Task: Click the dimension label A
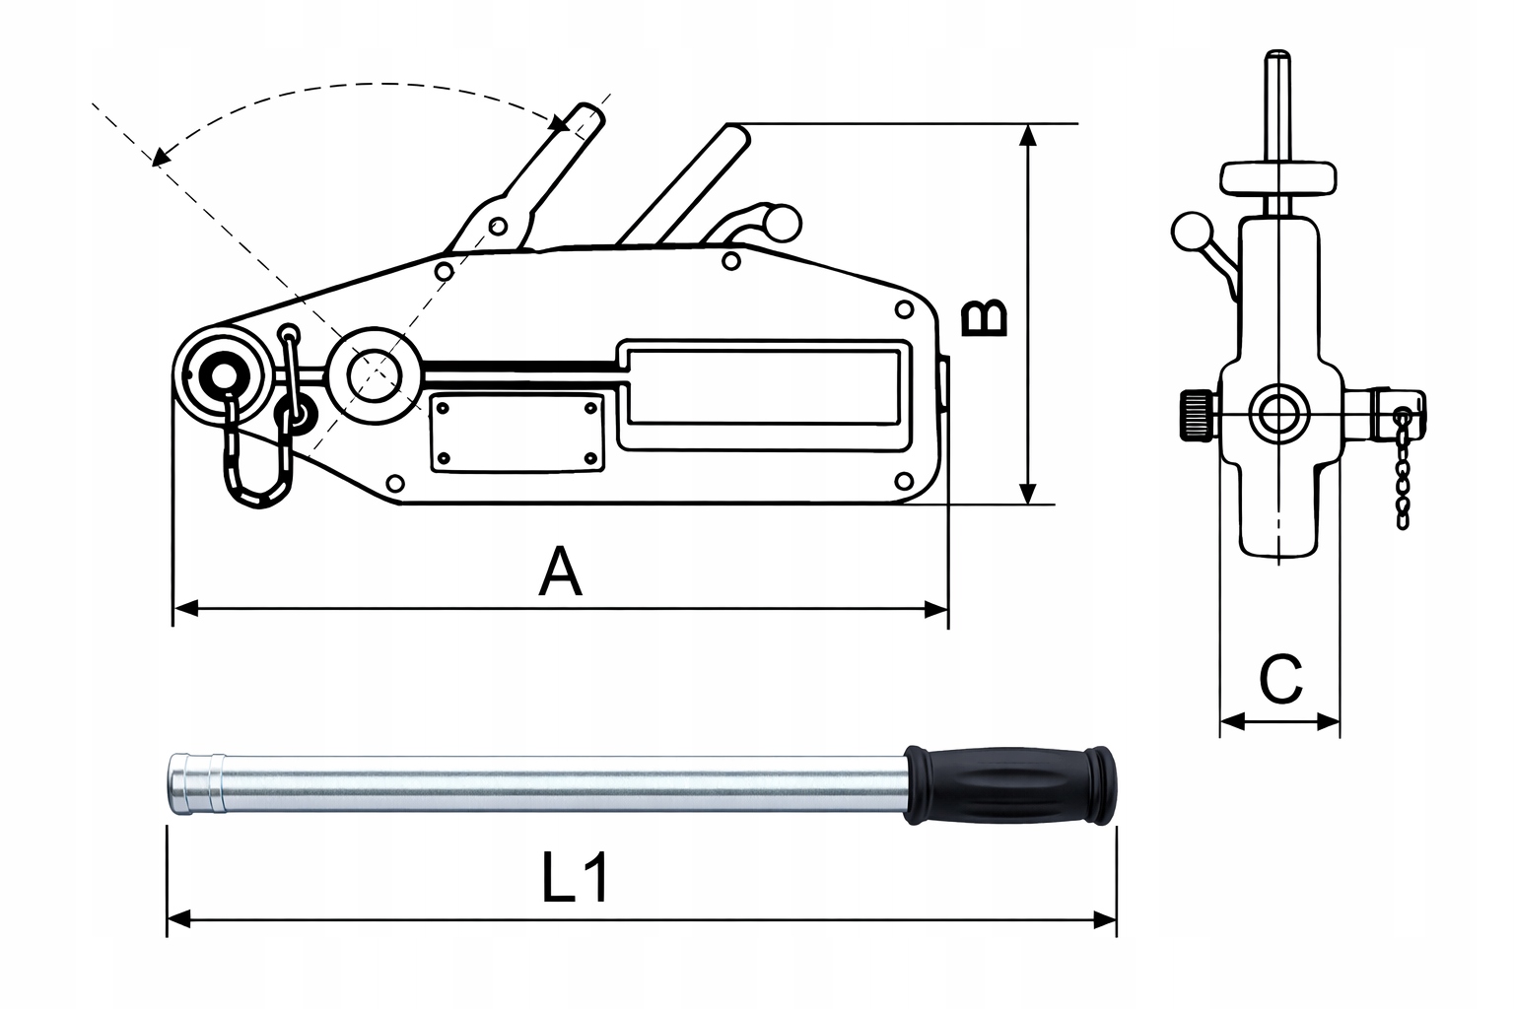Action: pyautogui.click(x=561, y=573)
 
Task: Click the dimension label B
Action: pyautogui.click(x=985, y=317)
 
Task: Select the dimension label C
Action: pyautogui.click(x=1281, y=679)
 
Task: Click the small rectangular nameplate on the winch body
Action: pyautogui.click(x=516, y=432)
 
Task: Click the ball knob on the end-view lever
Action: pyautogui.click(x=1191, y=233)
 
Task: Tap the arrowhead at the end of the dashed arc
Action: pyautogui.click(x=161, y=155)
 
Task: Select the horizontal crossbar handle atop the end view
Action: pyautogui.click(x=1279, y=178)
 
